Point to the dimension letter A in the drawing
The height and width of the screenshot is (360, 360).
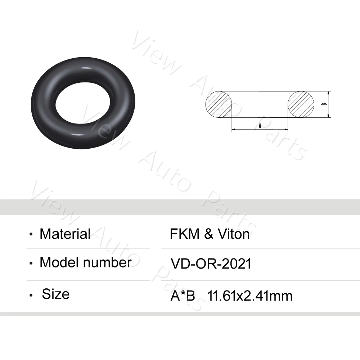click(x=260, y=125)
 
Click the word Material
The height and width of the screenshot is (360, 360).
click(x=65, y=234)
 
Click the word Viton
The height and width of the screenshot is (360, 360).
click(x=233, y=234)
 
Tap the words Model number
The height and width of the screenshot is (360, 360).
click(x=85, y=262)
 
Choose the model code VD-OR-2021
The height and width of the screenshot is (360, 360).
click(x=211, y=264)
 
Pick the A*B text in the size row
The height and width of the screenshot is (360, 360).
click(x=183, y=296)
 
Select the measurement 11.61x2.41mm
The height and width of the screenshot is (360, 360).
click(x=250, y=296)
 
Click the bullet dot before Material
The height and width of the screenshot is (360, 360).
click(x=32, y=235)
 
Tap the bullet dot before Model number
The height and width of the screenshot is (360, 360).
click(x=32, y=263)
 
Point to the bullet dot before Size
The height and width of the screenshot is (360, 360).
click(x=32, y=296)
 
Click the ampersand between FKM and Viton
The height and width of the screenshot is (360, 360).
click(x=208, y=234)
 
